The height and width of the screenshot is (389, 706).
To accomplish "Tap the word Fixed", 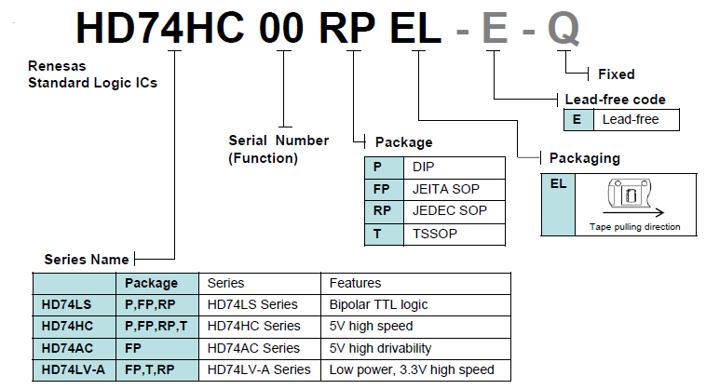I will tap(615, 74).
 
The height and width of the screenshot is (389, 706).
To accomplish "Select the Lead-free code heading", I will tap(615, 100).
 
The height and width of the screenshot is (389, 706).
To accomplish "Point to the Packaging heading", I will tap(584, 158).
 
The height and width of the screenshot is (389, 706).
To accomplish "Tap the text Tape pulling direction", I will tap(634, 227).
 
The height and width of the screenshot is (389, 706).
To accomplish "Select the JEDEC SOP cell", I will tap(446, 211).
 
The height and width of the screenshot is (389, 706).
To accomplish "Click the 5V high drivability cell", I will tap(380, 348).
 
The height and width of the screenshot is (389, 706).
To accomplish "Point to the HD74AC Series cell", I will tap(253, 348).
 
